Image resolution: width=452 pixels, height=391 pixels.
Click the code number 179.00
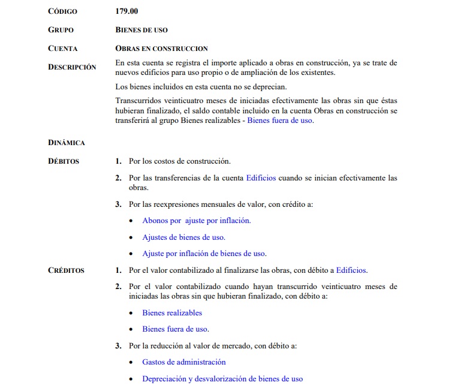click(126, 11)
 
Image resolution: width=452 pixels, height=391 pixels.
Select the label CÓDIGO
click(63, 11)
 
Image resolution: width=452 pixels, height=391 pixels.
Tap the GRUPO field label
click(61, 29)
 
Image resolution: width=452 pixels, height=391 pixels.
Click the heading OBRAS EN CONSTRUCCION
click(161, 48)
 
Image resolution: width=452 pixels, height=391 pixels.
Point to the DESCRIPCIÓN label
click(72, 67)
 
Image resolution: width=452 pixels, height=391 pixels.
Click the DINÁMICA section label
click(66, 143)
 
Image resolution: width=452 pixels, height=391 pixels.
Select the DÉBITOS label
click(64, 161)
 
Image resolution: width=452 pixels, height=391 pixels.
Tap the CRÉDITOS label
click(66, 270)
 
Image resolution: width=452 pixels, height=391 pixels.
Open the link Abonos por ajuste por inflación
click(196, 220)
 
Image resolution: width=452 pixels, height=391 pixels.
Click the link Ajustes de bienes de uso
click(183, 237)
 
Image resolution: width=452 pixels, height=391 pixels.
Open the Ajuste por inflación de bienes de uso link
click(204, 253)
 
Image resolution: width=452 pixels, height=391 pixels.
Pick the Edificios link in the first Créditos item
click(351, 270)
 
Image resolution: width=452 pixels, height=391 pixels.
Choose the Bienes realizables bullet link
click(172, 312)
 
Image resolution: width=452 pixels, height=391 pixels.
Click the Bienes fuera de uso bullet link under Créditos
click(175, 329)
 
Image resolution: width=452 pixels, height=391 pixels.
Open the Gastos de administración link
click(183, 362)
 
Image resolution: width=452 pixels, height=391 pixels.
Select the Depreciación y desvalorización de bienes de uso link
click(222, 378)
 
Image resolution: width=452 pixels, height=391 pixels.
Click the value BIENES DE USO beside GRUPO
click(141, 29)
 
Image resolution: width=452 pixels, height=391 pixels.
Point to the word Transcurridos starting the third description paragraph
click(139, 102)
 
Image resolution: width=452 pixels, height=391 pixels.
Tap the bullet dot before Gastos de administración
click(131, 362)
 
